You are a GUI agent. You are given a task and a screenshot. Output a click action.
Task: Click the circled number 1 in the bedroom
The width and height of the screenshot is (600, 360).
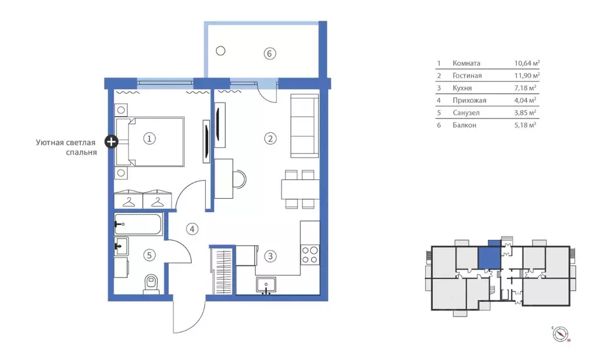[x=149, y=138]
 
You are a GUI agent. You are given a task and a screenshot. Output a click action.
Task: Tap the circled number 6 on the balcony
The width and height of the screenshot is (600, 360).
[x=269, y=53]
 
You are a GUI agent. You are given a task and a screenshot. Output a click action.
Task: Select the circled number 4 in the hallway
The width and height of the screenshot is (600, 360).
[x=192, y=229]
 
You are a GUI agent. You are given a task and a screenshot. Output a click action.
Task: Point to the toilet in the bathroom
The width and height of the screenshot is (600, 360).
[x=151, y=284]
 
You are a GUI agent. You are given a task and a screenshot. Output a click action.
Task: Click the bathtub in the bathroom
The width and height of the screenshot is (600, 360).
[x=138, y=224]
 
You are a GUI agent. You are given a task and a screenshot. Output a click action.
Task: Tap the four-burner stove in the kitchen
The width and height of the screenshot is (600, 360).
[x=310, y=255]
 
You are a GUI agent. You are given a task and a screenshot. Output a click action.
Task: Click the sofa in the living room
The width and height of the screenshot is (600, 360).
[x=304, y=126]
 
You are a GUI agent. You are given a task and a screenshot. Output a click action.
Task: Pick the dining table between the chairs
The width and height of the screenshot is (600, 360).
[x=300, y=189]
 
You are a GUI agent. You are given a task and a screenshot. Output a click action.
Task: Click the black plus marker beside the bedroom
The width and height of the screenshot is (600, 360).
[x=111, y=141]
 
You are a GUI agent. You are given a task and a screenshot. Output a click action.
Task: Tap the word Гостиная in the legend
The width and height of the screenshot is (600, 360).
[x=467, y=76]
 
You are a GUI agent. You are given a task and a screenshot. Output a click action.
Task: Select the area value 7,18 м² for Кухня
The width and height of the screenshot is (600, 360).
[x=525, y=88]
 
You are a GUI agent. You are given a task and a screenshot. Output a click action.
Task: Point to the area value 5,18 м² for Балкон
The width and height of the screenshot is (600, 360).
[x=525, y=125]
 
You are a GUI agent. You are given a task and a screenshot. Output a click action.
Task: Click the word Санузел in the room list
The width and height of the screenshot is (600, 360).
[x=466, y=113]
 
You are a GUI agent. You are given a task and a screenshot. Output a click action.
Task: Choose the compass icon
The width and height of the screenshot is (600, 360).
[x=561, y=334]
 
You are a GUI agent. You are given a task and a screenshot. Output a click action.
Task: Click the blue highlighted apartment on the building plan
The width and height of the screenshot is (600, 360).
[x=489, y=257]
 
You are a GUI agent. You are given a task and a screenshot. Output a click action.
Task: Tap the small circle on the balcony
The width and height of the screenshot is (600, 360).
[x=221, y=50]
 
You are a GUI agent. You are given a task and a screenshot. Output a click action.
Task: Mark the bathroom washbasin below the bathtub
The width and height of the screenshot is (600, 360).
[x=121, y=246]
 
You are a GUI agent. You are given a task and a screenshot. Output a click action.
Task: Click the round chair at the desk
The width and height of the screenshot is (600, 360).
[x=239, y=179]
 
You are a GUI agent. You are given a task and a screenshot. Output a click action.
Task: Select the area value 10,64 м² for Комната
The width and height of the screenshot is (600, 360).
[x=527, y=63]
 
